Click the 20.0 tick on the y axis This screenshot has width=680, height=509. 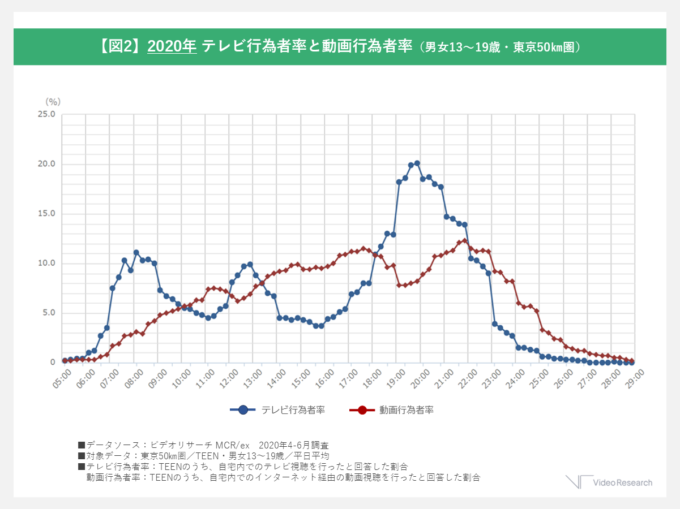pos(46,164)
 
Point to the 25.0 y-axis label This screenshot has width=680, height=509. pos(46,114)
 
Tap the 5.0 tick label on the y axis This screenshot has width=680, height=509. pos(48,313)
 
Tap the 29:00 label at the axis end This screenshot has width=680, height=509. pos(635,376)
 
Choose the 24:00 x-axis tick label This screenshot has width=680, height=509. pos(516,376)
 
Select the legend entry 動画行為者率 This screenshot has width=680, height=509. pos(406,410)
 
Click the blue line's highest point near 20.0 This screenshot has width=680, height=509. pos(417,163)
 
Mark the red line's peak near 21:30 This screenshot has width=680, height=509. pos(464,240)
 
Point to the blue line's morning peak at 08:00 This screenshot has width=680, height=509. pos(136,252)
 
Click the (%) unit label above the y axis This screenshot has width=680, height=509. pos(53,102)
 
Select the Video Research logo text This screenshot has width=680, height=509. pos(622,482)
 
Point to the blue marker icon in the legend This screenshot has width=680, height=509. pos(243,410)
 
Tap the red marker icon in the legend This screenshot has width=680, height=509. pos(362,410)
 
